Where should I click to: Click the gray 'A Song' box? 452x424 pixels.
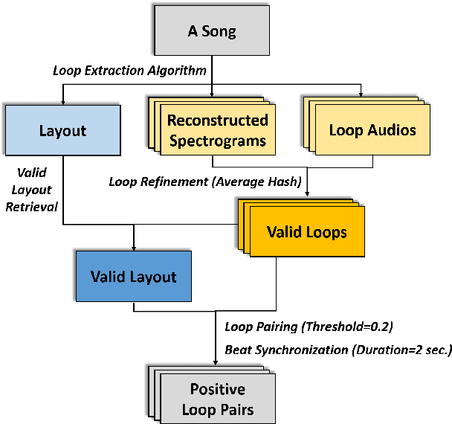tap(212, 32)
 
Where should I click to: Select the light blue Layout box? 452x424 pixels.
tap(62, 131)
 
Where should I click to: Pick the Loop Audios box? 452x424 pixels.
tap(372, 130)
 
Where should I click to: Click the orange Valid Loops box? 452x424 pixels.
tap(306, 232)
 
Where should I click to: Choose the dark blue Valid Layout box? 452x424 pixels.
tap(133, 277)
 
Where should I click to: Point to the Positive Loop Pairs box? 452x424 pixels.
tap(217, 399)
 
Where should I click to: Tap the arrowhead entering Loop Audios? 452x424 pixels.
tap(361, 94)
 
